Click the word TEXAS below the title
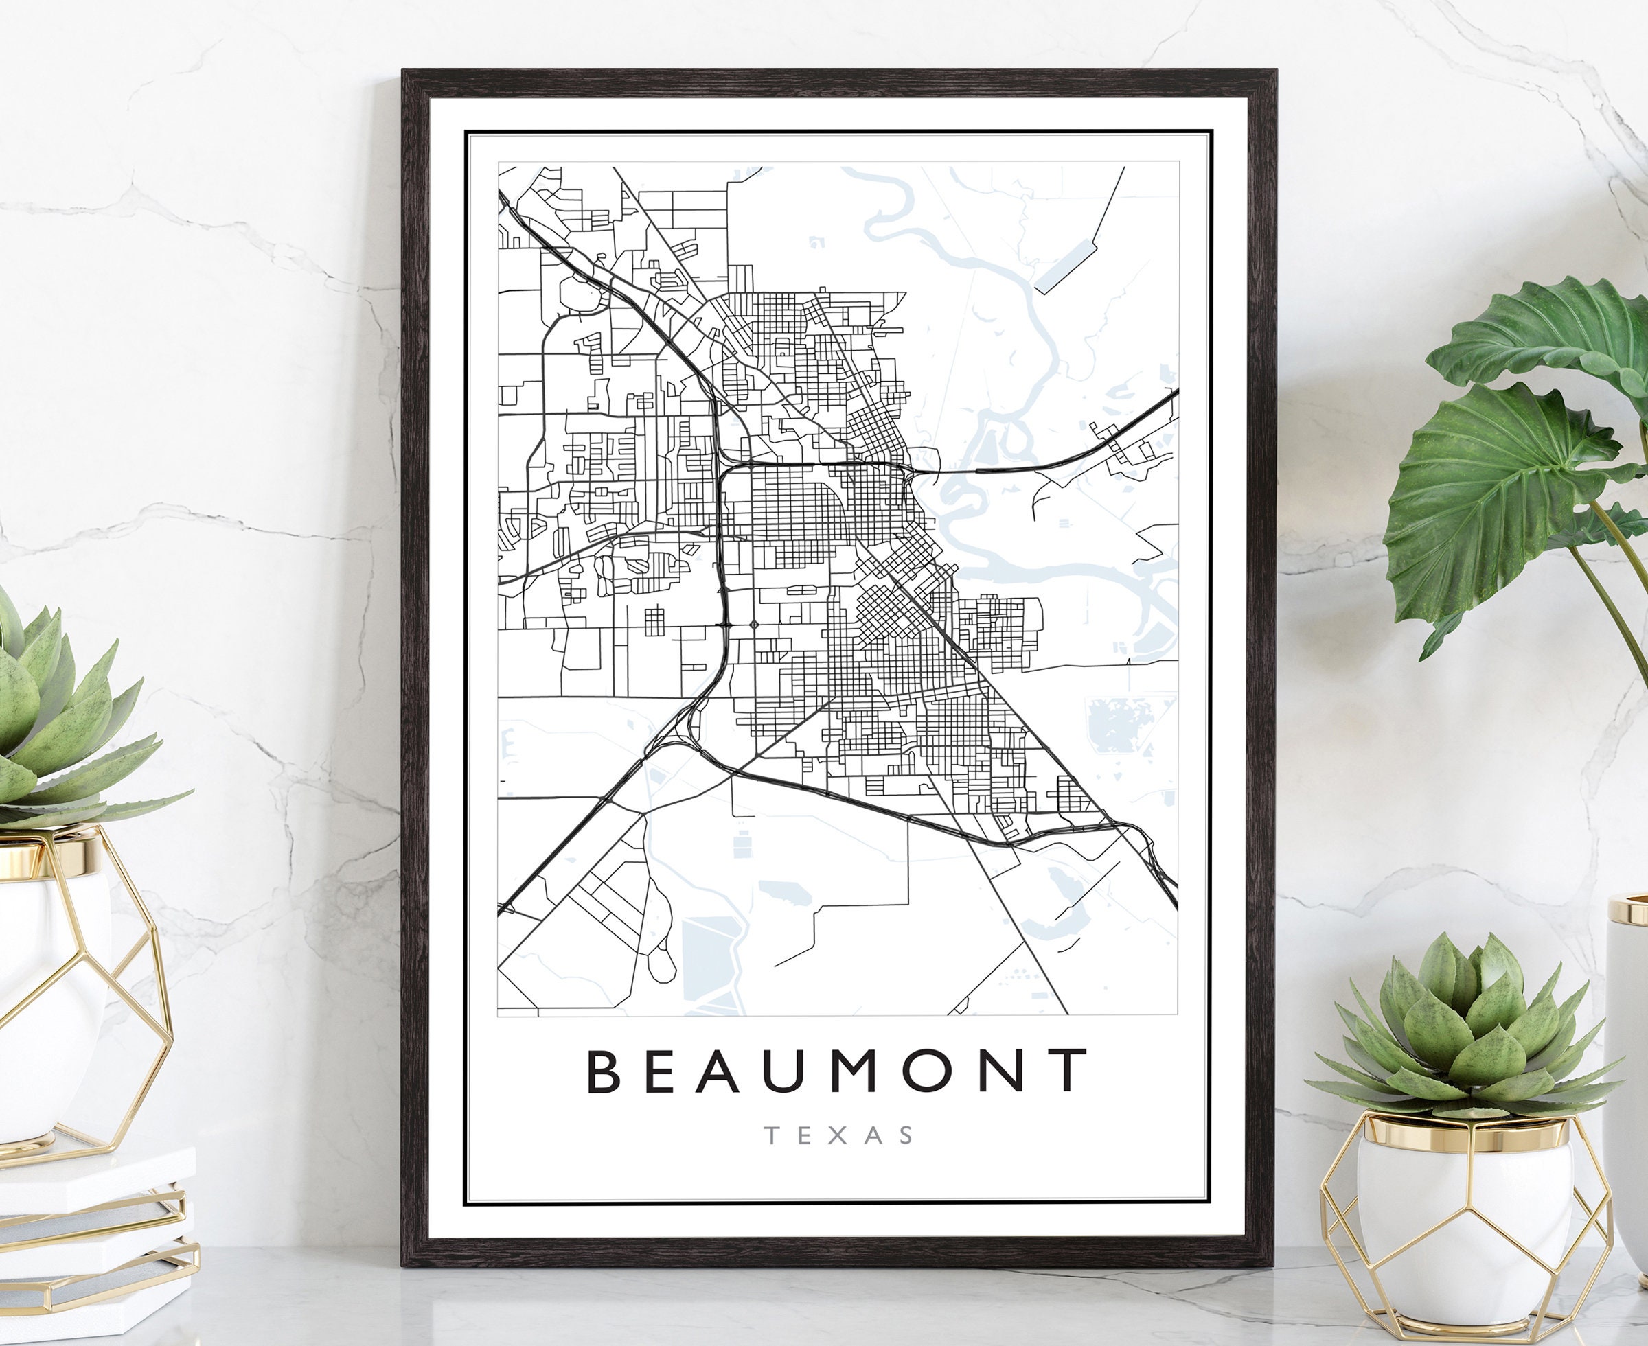tap(839, 1136)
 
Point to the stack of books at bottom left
tap(93, 1240)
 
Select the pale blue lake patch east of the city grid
tap(1117, 725)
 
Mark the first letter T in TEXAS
tap(772, 1136)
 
